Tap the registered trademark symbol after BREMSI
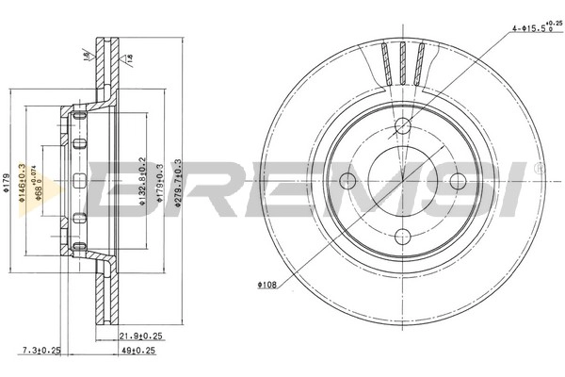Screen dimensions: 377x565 537,168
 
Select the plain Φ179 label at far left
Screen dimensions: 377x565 8,180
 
